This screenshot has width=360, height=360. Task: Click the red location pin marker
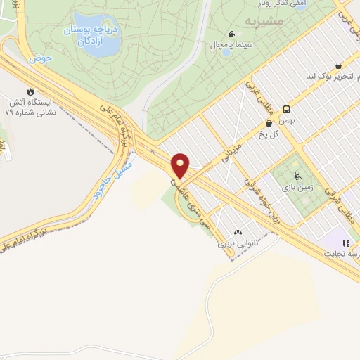(181, 165)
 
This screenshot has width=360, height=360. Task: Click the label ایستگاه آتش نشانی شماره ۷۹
(30, 105)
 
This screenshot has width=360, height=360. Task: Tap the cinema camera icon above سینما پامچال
(231, 34)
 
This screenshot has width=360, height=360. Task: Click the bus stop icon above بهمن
(286, 109)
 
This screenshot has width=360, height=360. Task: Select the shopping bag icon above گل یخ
(269, 123)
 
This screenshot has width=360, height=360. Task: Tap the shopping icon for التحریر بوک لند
(339, 65)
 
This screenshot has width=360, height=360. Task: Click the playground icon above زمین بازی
(297, 176)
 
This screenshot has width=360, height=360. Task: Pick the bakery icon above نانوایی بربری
(238, 232)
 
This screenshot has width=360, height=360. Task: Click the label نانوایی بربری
(234, 243)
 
